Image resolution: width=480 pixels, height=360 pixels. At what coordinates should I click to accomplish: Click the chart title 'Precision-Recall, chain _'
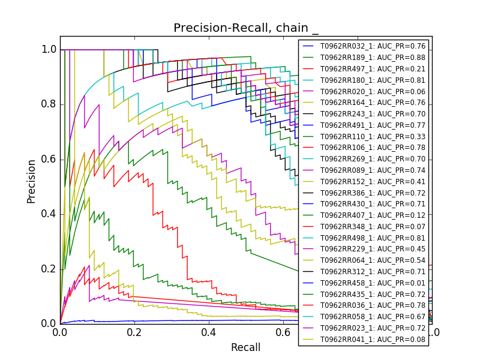pyautogui.click(x=246, y=28)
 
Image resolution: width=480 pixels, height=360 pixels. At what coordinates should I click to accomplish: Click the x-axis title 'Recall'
pyautogui.click(x=246, y=347)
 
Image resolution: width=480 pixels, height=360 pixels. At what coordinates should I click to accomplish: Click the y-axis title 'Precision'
pyautogui.click(x=31, y=181)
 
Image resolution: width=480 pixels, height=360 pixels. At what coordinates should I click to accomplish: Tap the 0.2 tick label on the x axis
pyautogui.click(x=134, y=332)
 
